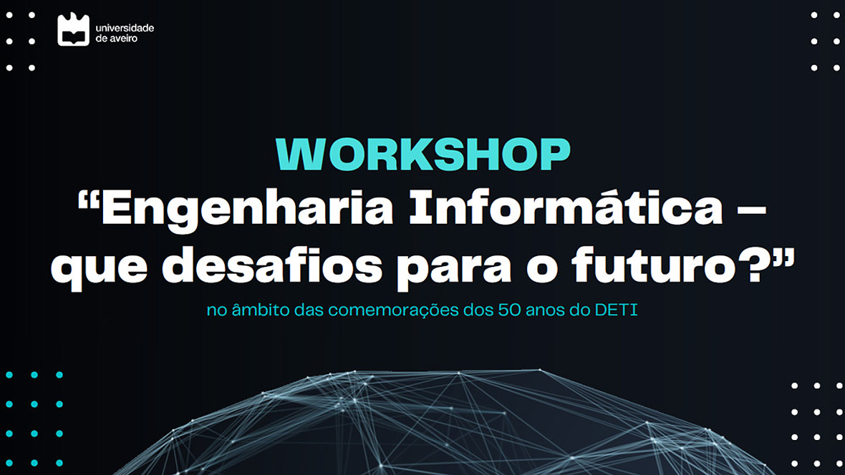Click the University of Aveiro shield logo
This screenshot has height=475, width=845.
point(73,29)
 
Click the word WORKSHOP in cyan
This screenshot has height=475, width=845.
point(423,155)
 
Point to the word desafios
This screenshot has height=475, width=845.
point(273,264)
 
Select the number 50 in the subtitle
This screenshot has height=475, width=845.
point(509,310)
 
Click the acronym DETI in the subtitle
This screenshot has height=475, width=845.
point(616,310)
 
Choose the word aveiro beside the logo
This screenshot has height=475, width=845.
point(123,38)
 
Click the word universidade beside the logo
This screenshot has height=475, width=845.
point(125,27)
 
